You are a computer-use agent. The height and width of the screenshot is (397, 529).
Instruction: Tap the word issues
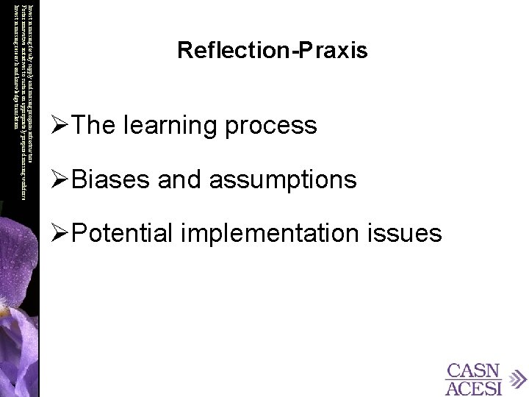[x=409, y=234]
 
